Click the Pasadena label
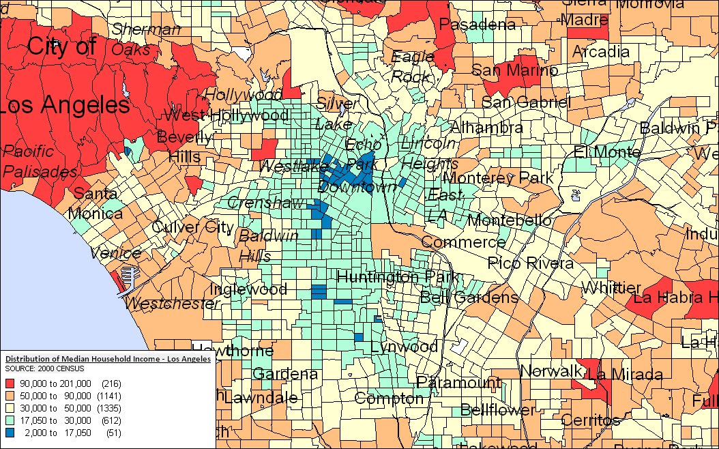click(x=477, y=25)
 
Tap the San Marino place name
click(x=505, y=70)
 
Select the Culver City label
click(x=192, y=227)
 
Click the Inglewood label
click(x=248, y=289)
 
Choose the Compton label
click(x=389, y=399)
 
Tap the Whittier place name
click(x=613, y=287)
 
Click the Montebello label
click(x=510, y=220)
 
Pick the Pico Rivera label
click(x=530, y=263)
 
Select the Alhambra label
click(x=487, y=128)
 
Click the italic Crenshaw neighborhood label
click(x=256, y=203)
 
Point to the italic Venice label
click(x=115, y=253)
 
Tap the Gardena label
click(x=285, y=374)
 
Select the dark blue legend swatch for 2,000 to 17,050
click(x=10, y=433)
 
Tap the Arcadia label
click(x=601, y=52)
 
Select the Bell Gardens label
click(x=469, y=298)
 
